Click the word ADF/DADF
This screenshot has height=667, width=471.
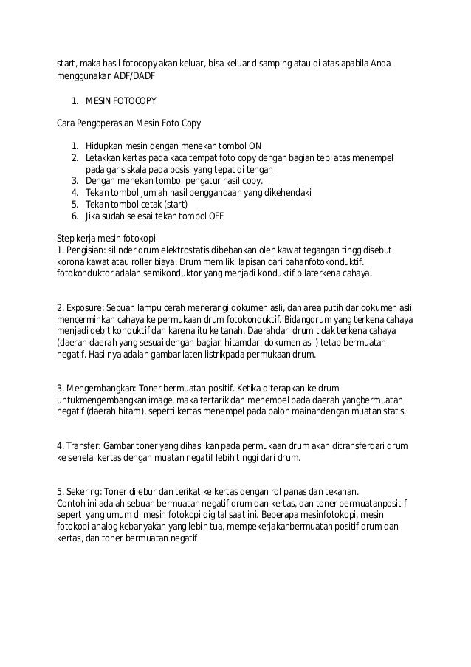(134, 75)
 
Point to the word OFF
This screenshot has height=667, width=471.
(214, 216)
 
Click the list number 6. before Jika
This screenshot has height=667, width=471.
(75, 216)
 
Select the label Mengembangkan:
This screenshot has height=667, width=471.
(102, 388)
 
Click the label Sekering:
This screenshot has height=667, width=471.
(86, 491)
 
